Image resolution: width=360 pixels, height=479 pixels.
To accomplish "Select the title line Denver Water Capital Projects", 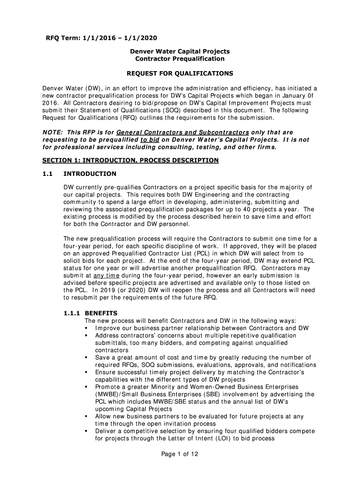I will click(180, 51).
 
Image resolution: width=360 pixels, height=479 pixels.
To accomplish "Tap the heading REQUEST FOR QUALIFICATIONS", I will click(180, 74).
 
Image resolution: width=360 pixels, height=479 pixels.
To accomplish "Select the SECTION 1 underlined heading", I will click(130, 160).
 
